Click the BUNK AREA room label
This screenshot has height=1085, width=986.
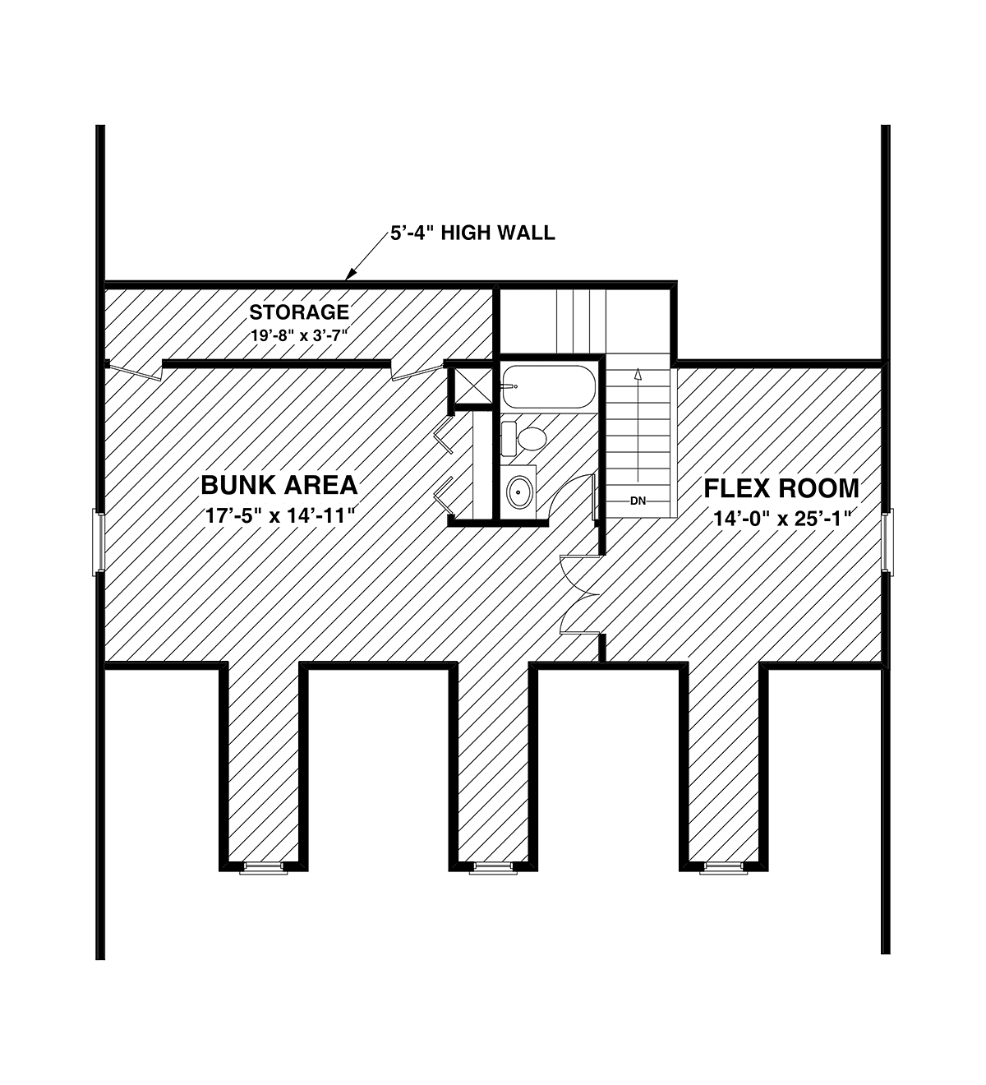pos(279,485)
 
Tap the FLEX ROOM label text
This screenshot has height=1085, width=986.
pos(781,488)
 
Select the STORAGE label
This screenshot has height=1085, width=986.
pos(299,312)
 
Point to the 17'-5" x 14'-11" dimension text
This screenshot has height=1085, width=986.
pos(279,515)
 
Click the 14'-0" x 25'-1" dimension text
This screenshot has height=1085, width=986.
pos(782,519)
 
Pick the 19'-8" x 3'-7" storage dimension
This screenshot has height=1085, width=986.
pos(298,335)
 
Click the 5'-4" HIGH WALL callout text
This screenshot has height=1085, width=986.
pos(472,233)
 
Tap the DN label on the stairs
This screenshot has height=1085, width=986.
pos(638,501)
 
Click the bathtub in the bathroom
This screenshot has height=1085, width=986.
pos(548,386)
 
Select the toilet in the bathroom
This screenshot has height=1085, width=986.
pos(523,437)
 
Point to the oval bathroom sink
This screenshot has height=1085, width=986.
pos(519,492)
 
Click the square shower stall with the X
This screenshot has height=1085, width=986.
pos(472,386)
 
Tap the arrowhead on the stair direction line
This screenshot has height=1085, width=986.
pos(638,374)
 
